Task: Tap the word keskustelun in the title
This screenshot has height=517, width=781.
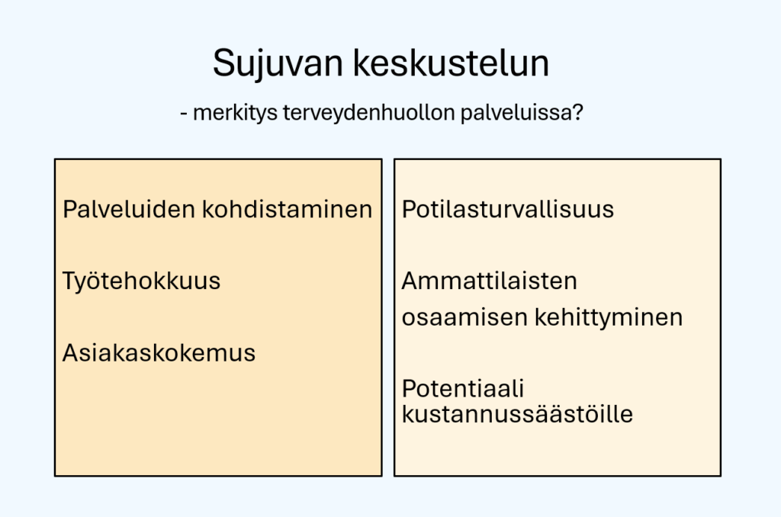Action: (452, 63)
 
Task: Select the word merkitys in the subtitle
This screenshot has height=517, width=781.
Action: (235, 113)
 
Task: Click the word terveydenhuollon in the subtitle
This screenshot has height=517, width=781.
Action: (369, 113)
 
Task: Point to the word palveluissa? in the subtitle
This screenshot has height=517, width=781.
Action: (522, 113)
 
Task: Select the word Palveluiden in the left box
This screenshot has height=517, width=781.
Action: (129, 209)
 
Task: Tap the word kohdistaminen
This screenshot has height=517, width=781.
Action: (288, 209)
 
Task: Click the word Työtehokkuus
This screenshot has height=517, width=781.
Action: (141, 281)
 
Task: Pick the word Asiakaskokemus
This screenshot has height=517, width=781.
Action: (159, 352)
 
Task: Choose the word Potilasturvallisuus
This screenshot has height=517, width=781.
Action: (507, 209)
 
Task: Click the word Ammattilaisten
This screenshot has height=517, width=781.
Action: (489, 281)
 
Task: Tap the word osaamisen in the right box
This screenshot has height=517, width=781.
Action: (464, 317)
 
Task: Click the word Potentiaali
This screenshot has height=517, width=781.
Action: (463, 388)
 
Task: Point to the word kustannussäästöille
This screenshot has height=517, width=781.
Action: (517, 414)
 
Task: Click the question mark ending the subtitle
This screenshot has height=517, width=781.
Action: (578, 112)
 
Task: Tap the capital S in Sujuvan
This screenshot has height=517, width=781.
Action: (223, 63)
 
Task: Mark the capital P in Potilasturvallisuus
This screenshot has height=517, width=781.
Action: (409, 209)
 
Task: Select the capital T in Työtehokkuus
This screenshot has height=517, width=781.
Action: (70, 281)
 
